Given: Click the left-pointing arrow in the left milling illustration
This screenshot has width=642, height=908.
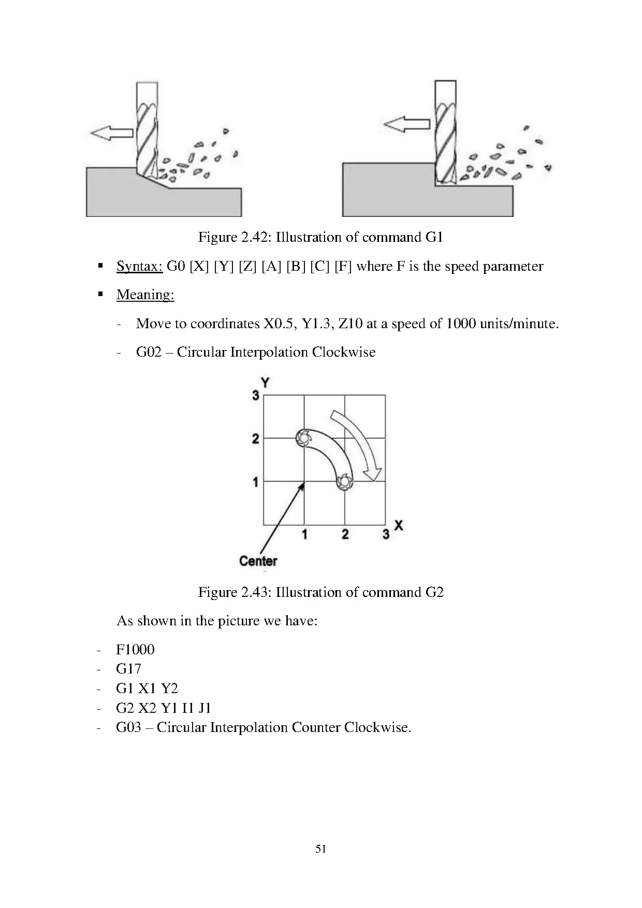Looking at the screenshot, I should pyautogui.click(x=111, y=133).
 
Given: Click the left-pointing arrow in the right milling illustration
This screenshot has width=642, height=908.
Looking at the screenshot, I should pyautogui.click(x=406, y=124).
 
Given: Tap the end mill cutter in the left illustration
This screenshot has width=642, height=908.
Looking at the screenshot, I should pyautogui.click(x=147, y=129).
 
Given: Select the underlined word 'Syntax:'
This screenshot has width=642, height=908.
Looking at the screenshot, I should pyautogui.click(x=140, y=266).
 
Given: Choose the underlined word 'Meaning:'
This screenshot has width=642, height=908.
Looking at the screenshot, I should pyautogui.click(x=145, y=295).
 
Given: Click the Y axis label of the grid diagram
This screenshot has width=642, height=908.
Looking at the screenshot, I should pyautogui.click(x=265, y=383).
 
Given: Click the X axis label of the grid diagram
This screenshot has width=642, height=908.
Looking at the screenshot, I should pyautogui.click(x=398, y=525).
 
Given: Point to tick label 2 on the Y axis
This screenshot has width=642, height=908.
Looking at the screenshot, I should pyautogui.click(x=255, y=439).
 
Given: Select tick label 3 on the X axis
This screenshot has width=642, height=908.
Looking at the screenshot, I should pyautogui.click(x=386, y=534).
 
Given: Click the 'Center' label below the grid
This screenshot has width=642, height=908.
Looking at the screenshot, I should pyautogui.click(x=258, y=561).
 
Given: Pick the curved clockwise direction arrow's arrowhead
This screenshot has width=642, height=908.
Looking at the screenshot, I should pyautogui.click(x=372, y=474).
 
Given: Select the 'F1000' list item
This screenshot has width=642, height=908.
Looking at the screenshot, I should pyautogui.click(x=135, y=649).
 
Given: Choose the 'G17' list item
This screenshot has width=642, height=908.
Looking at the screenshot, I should pyautogui.click(x=128, y=669).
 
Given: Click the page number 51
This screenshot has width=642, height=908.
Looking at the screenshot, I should pyautogui.click(x=320, y=848).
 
